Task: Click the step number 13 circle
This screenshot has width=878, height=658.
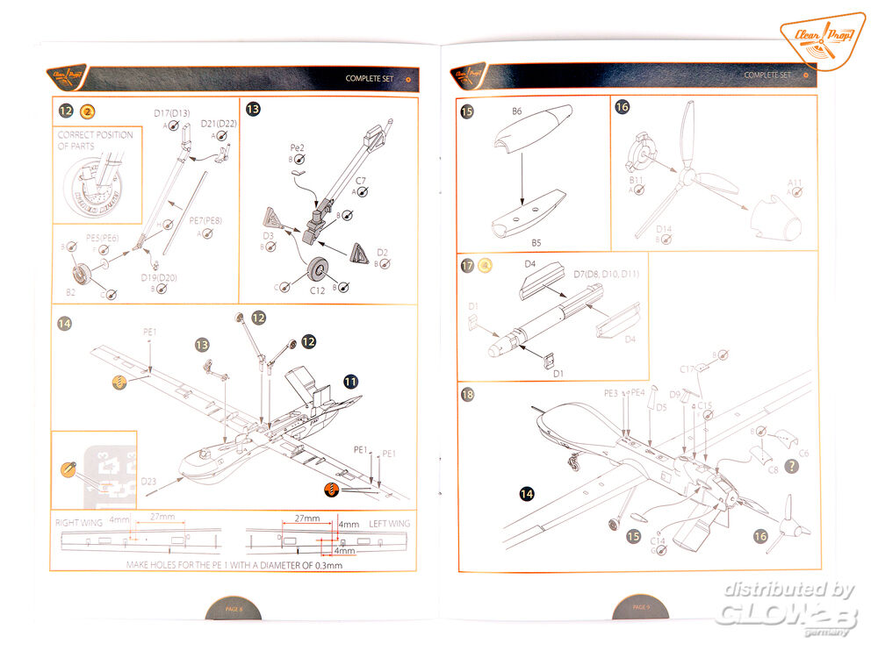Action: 253,110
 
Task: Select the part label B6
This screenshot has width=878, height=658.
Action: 517,111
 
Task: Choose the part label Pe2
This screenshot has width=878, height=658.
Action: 297,149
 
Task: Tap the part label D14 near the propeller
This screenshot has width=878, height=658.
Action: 664,230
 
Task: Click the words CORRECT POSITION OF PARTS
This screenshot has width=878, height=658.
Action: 95,140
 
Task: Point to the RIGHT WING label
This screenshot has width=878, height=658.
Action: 79,523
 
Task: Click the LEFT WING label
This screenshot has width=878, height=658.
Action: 390,523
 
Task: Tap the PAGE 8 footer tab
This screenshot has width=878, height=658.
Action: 233,607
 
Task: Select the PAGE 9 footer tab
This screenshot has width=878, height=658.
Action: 642,606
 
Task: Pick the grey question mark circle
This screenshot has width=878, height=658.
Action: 793,467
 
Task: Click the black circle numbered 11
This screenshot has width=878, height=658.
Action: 350,382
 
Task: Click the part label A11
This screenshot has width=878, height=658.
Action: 795,183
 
